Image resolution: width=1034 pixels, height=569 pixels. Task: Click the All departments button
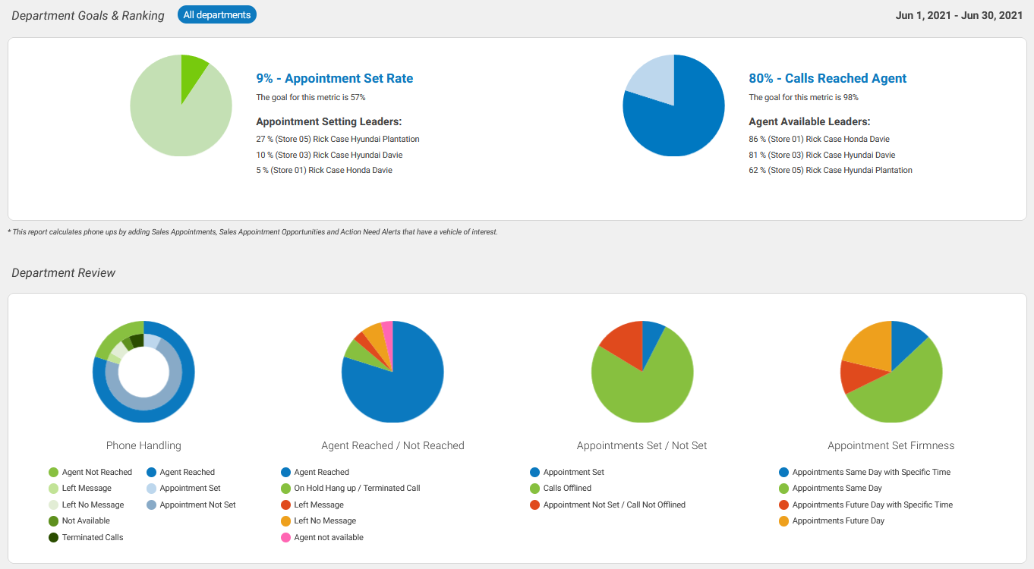[217, 14]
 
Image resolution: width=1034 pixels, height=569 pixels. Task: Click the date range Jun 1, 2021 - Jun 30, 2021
[959, 15]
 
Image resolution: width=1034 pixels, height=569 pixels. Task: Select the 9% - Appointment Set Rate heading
[334, 78]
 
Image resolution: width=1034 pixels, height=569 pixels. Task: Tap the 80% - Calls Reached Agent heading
[828, 78]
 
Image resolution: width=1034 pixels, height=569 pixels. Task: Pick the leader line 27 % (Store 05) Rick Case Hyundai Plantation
[337, 139]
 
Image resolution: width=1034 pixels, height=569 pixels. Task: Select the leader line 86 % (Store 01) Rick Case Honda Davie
[818, 139]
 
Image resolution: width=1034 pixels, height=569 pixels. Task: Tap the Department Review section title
[64, 273]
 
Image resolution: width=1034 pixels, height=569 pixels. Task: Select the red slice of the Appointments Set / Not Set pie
[621, 342]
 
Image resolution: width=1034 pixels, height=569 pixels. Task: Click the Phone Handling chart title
[143, 445]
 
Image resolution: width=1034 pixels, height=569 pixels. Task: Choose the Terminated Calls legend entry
[92, 537]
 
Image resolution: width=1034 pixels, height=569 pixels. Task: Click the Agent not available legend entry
[328, 537]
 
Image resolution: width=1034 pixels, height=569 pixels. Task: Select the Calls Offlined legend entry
[566, 488]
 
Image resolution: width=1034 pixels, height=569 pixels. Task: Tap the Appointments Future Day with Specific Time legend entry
[872, 505]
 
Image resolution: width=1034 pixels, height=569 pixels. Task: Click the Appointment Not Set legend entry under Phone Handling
[197, 505]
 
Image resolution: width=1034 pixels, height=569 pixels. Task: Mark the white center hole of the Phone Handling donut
[143, 373]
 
